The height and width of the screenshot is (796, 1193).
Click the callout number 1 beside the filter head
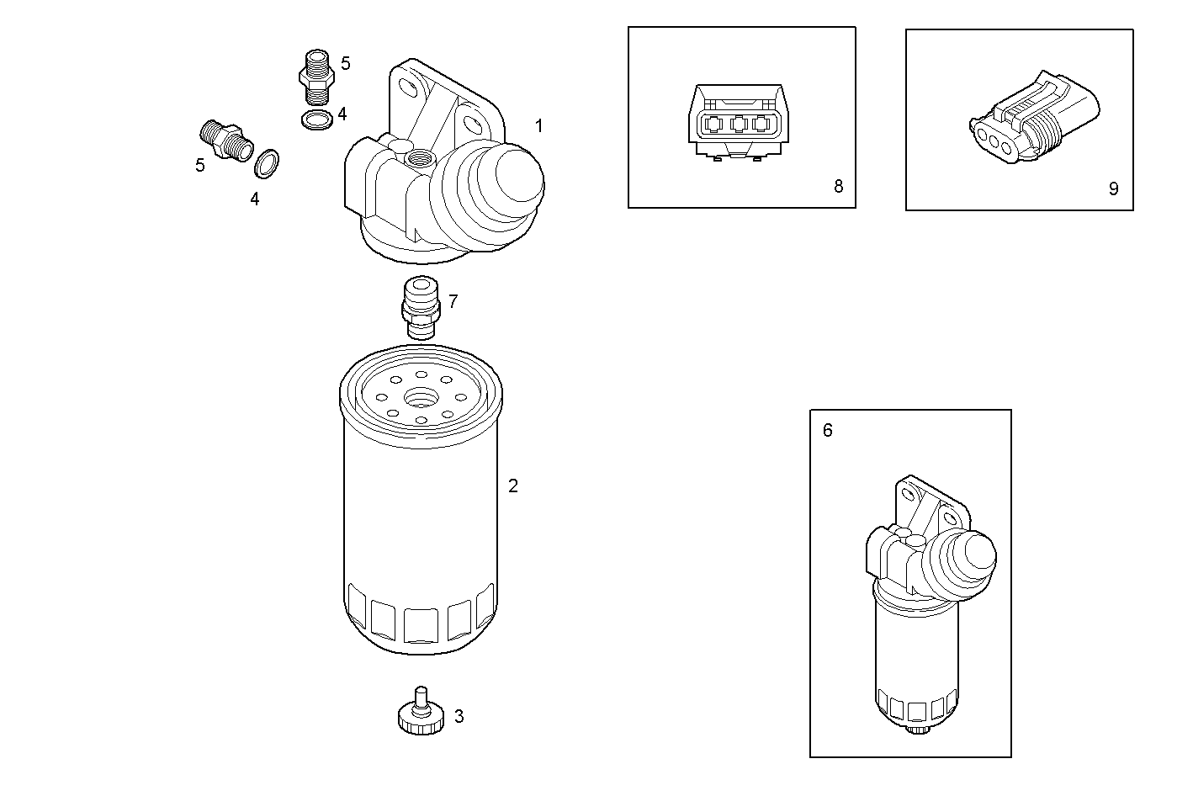(x=538, y=126)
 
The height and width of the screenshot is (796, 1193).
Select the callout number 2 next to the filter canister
(x=513, y=486)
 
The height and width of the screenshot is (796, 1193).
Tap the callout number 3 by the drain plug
(x=459, y=716)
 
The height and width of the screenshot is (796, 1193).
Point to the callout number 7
(x=453, y=301)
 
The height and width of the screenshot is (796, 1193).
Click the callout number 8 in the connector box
(x=838, y=186)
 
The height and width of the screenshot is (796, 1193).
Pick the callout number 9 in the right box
(x=1113, y=188)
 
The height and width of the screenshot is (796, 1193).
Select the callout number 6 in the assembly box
(x=827, y=431)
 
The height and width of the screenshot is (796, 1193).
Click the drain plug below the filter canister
(x=421, y=714)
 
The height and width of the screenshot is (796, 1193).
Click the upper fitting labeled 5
(x=316, y=74)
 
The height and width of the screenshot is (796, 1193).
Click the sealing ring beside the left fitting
(x=267, y=164)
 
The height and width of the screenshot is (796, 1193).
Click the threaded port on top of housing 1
(x=418, y=157)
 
